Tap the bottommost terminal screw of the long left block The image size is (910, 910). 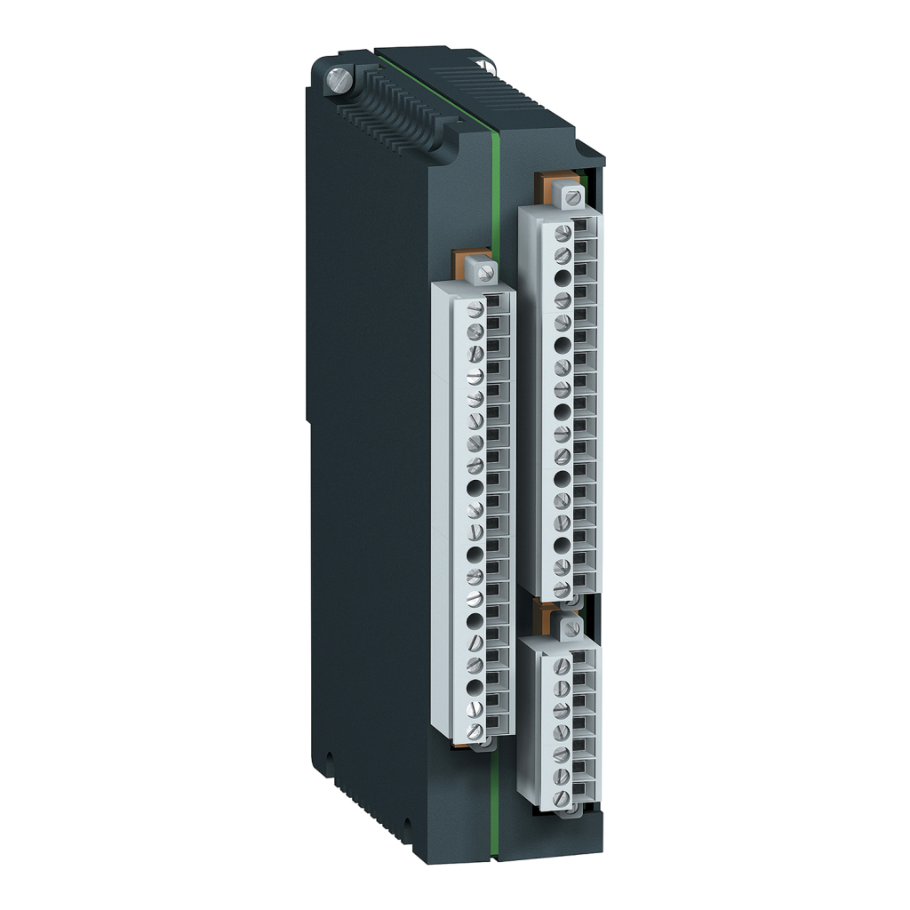[475, 730]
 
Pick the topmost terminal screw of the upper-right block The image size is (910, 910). [562, 233]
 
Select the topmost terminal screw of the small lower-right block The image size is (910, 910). [562, 666]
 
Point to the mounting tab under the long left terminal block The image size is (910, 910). [484, 746]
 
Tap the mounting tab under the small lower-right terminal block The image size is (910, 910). [569, 810]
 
